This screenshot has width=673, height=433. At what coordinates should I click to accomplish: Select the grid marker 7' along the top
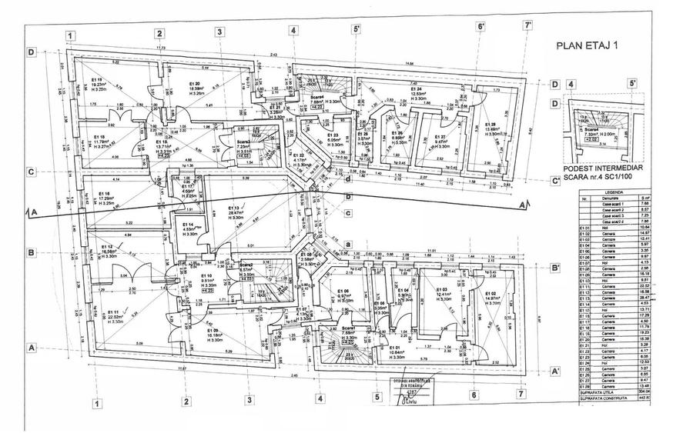pos(528,25)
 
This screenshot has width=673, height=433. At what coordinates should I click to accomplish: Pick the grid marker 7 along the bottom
pos(521,395)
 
